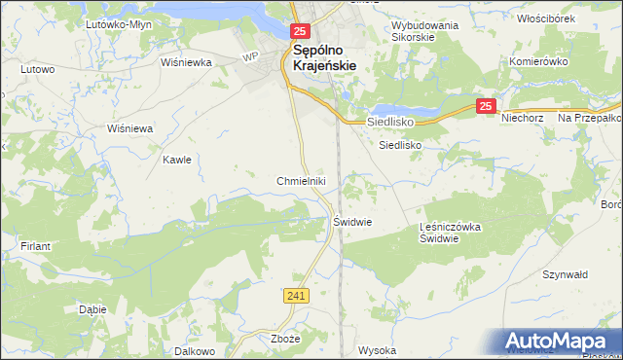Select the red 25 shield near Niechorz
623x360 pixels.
point(488,107)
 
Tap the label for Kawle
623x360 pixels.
point(176,160)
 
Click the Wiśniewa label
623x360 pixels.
point(130,128)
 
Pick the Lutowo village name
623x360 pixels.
point(37,69)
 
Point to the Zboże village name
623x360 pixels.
point(282,340)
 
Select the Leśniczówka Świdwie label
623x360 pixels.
point(451,234)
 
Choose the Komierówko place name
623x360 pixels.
point(538,61)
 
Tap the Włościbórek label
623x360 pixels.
point(550,18)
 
